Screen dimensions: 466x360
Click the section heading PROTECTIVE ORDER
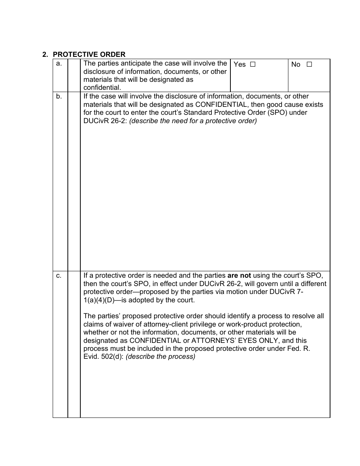tap(89, 55)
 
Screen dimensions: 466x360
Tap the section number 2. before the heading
tap(45, 55)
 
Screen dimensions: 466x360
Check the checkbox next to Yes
tap(253, 64)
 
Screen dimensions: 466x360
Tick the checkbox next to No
tap(309, 64)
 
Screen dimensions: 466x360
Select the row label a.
tap(59, 64)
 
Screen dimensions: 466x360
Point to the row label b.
tap(59, 97)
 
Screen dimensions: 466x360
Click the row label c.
tap(59, 276)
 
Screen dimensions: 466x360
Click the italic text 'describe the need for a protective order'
tap(193, 121)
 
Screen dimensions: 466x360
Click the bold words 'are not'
tap(239, 275)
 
